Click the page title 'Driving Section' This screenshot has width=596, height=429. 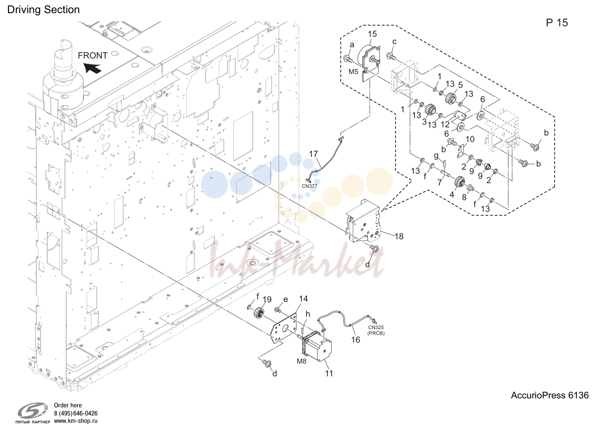coord(43,10)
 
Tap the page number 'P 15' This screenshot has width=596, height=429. coord(557,23)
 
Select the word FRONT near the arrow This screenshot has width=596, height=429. coord(92,55)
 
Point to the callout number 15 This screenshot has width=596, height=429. coord(372,34)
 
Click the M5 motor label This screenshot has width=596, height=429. coord(353,72)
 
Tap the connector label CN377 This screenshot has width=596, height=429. coord(310,186)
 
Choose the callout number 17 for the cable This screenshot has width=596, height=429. coord(313,154)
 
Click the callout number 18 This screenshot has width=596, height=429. coord(399,236)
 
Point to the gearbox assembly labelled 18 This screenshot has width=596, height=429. coord(364,221)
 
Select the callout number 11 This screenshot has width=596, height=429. coord(329,374)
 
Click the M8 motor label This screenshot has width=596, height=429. coord(302,361)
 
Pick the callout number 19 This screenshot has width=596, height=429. coord(267,300)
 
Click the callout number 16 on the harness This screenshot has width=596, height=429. coord(355,340)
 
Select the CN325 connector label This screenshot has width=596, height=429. coord(376,328)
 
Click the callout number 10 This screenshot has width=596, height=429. coord(470,139)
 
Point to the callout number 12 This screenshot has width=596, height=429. coord(445,124)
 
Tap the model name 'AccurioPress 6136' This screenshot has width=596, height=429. coord(550,395)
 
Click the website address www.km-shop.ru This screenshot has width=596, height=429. coord(76,421)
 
